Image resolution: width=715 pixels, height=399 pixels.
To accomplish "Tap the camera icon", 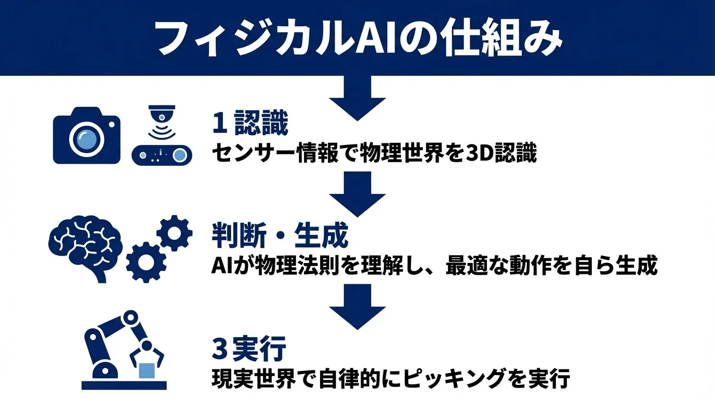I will click(x=86, y=136).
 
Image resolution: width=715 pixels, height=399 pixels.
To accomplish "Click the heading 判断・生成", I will click(x=280, y=237).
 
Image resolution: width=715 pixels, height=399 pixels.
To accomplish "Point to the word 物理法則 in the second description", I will click(x=292, y=266).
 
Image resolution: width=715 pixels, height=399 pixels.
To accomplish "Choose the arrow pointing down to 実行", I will click(x=357, y=308).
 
